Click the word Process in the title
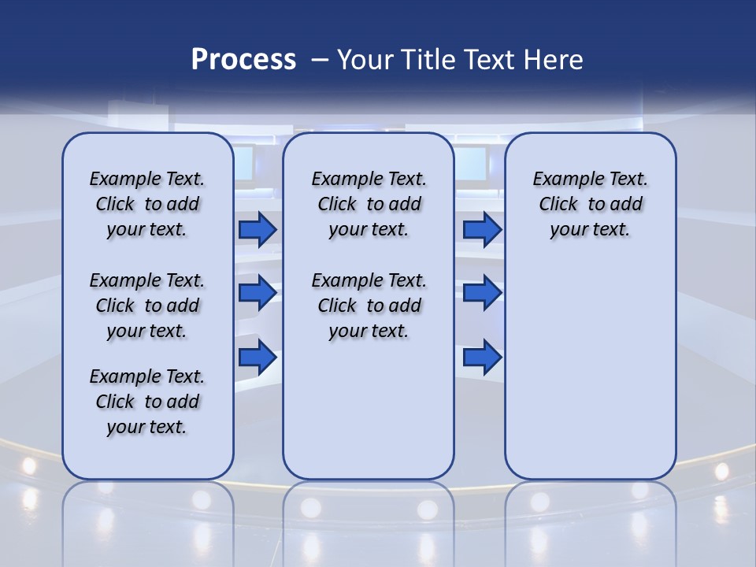tap(243, 60)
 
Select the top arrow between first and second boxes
tap(258, 229)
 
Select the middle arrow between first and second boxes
tap(258, 293)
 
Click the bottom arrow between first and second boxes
tap(258, 357)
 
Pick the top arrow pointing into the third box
tap(482, 229)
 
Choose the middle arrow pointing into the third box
tap(482, 293)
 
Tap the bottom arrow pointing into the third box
tap(482, 357)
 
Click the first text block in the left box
tap(147, 204)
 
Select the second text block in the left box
tap(147, 306)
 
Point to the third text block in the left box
tap(147, 402)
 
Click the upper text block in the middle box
tap(369, 204)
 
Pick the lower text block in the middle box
tap(369, 306)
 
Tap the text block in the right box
tap(590, 204)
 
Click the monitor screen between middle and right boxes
tap(470, 164)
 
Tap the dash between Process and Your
tap(320, 60)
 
